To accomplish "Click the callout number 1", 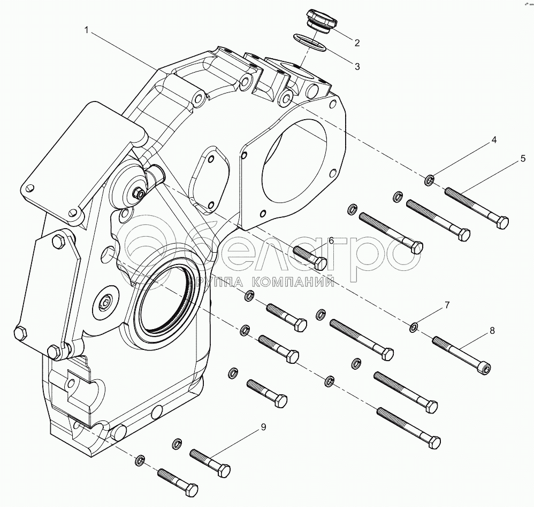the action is pyautogui.click(x=86, y=31).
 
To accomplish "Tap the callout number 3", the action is pyautogui.click(x=357, y=66).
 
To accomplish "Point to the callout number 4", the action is pyautogui.click(x=494, y=141).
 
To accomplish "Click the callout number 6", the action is pyautogui.click(x=331, y=241).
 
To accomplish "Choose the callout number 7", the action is pyautogui.click(x=446, y=306).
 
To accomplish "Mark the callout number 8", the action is pyautogui.click(x=492, y=331).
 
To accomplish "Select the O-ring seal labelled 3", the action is pyautogui.click(x=310, y=42).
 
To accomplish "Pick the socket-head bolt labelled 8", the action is pyautogui.click(x=461, y=355).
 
